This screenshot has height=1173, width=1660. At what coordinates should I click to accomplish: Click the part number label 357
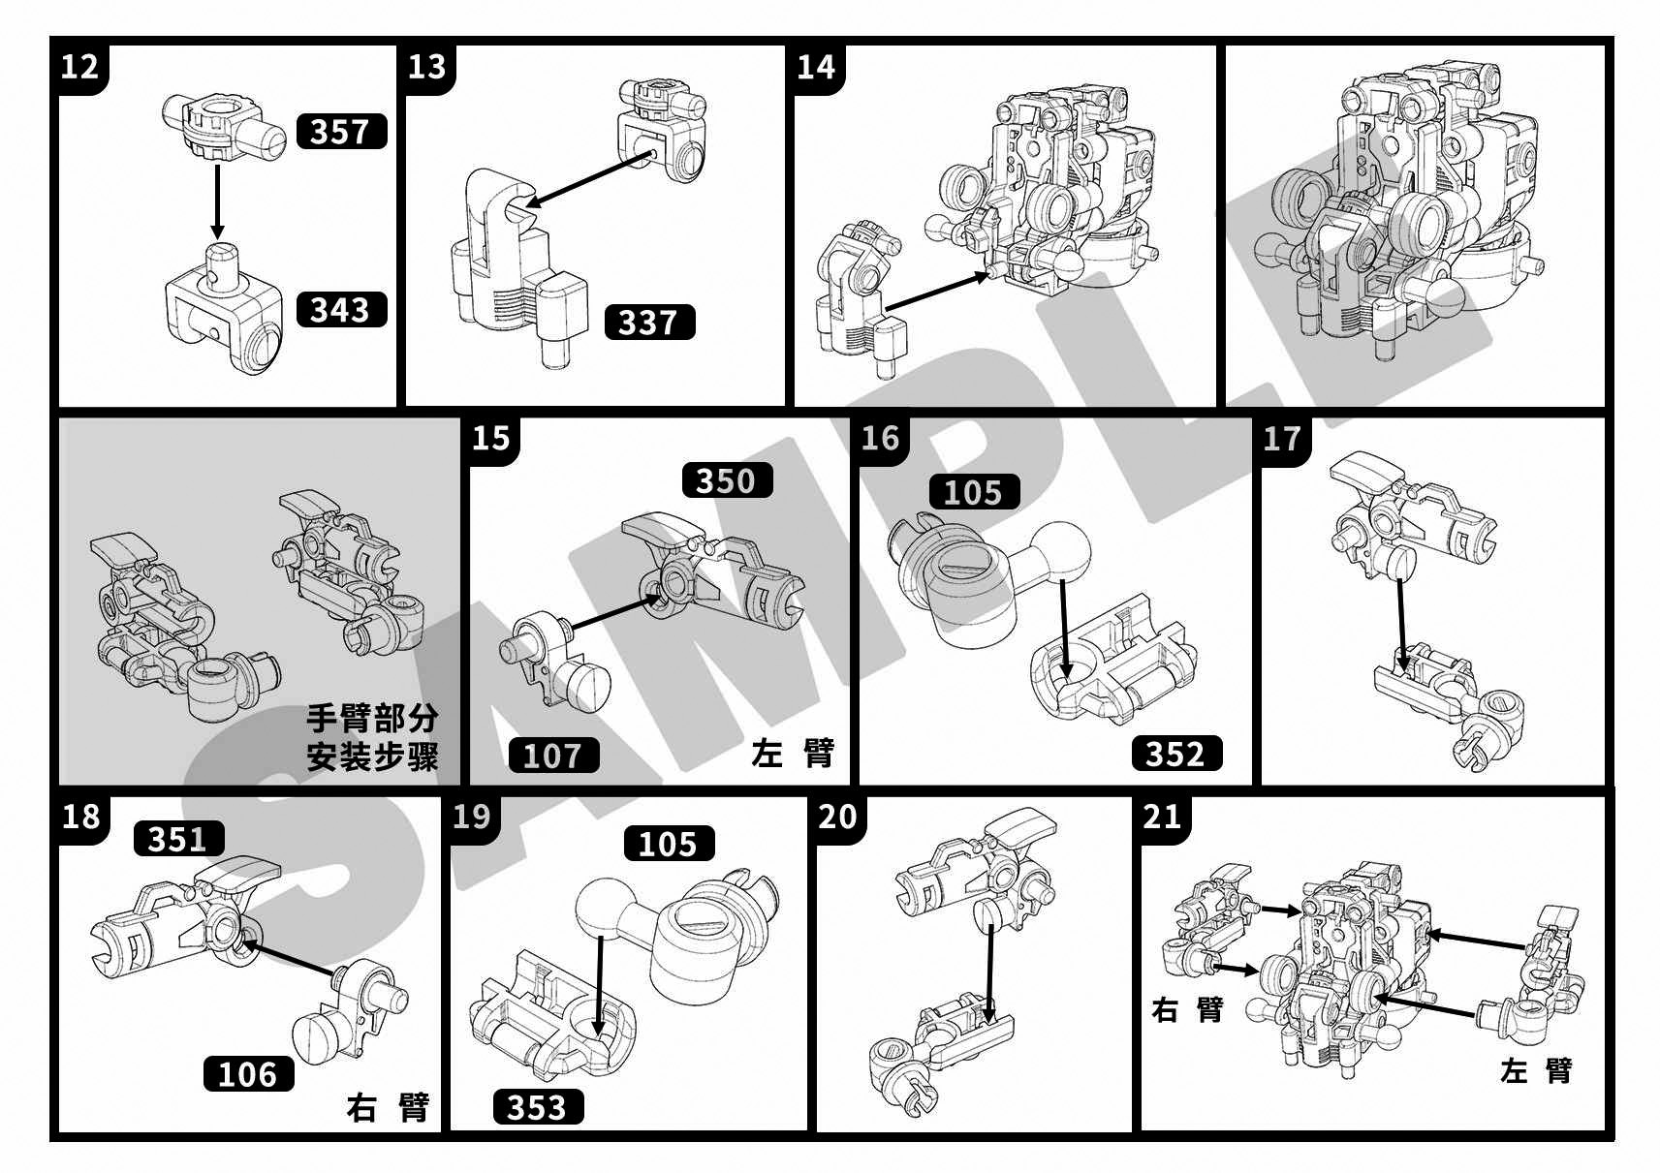[x=340, y=131]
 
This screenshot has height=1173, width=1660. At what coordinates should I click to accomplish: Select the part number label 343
[x=340, y=309]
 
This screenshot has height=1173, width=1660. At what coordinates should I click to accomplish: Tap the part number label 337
[x=648, y=322]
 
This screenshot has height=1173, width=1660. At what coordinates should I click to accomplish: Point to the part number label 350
[x=727, y=480]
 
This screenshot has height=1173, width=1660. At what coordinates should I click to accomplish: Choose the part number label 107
[x=553, y=755]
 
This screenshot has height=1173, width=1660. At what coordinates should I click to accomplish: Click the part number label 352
[x=1175, y=754]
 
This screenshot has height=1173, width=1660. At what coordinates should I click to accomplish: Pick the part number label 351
[x=178, y=838]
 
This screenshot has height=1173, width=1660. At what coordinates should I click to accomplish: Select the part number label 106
[x=248, y=1073]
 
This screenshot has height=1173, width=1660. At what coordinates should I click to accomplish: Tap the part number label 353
[x=538, y=1106]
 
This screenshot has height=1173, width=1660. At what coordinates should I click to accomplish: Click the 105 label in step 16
[x=973, y=492]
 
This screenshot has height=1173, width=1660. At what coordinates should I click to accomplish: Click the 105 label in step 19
[x=669, y=844]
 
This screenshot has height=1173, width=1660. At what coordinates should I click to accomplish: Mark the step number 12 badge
[x=79, y=66]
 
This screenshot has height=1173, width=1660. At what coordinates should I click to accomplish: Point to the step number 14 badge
[x=816, y=66]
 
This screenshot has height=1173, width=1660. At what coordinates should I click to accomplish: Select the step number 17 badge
[x=1282, y=439]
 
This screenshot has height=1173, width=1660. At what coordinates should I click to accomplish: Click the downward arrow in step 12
[x=217, y=201]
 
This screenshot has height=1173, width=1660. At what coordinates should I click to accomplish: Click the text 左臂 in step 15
[x=793, y=753]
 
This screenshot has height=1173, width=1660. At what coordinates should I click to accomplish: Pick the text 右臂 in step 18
[x=388, y=1106]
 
